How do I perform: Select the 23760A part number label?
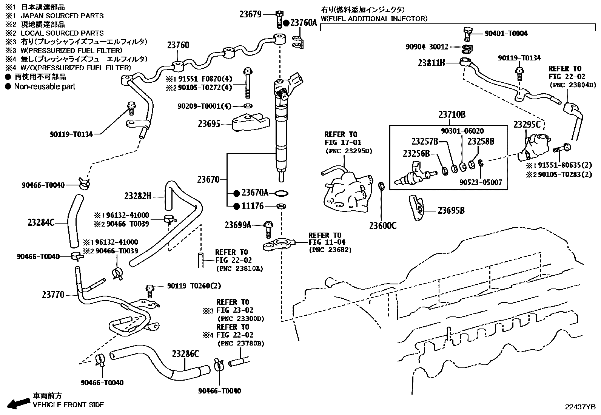[304, 23]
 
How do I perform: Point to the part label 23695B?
[451, 211]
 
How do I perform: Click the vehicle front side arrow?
[18, 403]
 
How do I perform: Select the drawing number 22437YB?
[580, 407]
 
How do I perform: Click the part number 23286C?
[185, 354]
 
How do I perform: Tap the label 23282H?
[138, 196]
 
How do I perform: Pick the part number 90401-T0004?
[506, 34]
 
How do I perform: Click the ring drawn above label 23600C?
[382, 186]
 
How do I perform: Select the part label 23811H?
[431, 63]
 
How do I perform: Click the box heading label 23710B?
[452, 115]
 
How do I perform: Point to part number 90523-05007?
[481, 182]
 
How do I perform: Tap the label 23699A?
[238, 225]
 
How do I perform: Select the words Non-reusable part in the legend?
[45, 86]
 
